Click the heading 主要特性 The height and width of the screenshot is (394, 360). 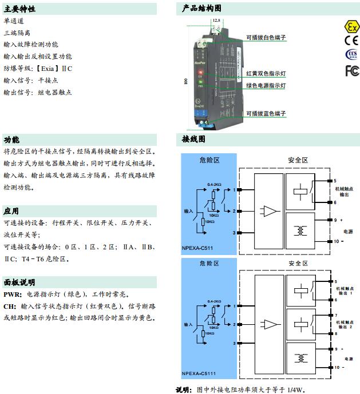[x=19, y=9]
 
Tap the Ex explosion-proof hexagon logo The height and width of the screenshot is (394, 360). [x=350, y=27]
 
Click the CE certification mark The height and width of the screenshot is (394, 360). [x=350, y=41]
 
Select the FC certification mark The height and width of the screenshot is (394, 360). [x=350, y=70]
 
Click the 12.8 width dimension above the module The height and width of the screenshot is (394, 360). [x=216, y=21]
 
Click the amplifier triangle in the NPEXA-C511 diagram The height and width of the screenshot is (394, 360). [x=270, y=210]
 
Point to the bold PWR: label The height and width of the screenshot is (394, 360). [x=13, y=294]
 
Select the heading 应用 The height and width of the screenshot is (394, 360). [x=11, y=211]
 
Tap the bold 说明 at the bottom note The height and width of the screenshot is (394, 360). [x=184, y=389]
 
